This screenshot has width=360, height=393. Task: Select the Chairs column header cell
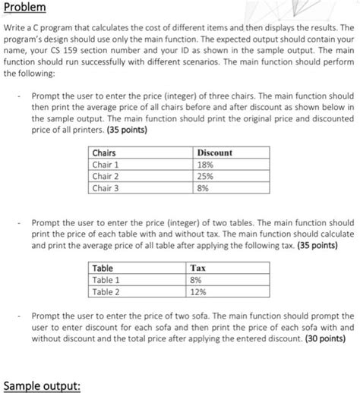click(x=103, y=152)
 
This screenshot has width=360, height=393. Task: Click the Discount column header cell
click(x=214, y=152)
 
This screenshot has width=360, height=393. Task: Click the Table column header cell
click(x=103, y=269)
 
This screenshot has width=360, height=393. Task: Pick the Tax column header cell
click(x=197, y=269)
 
